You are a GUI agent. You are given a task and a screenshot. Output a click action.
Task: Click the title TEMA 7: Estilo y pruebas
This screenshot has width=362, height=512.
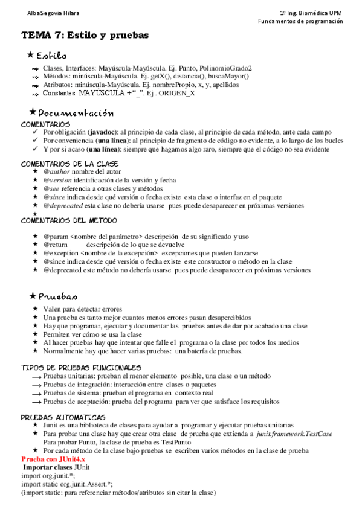click(x=85, y=35)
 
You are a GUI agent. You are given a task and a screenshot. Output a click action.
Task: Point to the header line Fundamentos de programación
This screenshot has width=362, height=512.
click(x=300, y=21)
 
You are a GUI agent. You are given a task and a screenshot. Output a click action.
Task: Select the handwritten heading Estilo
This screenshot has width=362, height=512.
click(x=55, y=56)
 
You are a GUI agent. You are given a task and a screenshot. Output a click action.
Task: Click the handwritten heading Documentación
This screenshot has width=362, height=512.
click(x=76, y=113)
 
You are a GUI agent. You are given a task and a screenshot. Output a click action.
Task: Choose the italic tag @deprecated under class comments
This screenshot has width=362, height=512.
click(x=62, y=205)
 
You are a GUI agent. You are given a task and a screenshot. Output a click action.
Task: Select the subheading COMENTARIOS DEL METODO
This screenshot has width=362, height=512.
click(x=69, y=221)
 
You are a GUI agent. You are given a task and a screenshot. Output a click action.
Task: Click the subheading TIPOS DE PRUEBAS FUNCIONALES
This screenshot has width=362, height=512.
click(x=81, y=367)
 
